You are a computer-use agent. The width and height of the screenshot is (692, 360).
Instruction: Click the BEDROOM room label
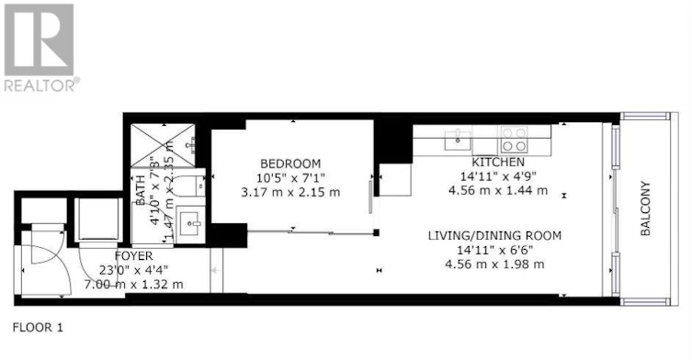pyautogui.click(x=290, y=164)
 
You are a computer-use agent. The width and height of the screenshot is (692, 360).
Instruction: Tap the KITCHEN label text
pyautogui.click(x=498, y=162)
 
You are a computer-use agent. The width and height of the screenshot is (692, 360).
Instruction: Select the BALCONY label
pyautogui.click(x=645, y=208)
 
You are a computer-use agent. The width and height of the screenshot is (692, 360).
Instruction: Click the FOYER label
pyautogui.click(x=134, y=256)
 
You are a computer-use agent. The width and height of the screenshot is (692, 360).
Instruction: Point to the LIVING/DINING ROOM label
pyautogui.click(x=494, y=236)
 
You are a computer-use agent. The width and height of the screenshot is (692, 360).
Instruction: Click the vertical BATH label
pyautogui.click(x=141, y=190)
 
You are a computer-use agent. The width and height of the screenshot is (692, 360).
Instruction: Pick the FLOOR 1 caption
pyautogui.click(x=38, y=328)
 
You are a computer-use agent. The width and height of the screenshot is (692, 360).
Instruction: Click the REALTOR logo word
pyautogui.click(x=42, y=84)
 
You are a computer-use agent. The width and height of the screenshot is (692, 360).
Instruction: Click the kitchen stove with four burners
pyautogui.click(x=513, y=139)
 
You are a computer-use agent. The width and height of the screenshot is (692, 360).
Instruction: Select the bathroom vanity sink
pyautogui.click(x=190, y=224)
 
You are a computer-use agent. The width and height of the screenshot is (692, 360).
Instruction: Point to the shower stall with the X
pyautogui.click(x=163, y=146)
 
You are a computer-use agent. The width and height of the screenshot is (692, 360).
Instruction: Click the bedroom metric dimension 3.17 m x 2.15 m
pyautogui.click(x=290, y=193)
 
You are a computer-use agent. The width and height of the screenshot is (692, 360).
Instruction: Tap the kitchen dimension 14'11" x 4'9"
pyautogui.click(x=498, y=176)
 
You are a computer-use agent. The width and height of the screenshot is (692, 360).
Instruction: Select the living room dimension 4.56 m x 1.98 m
pyautogui.click(x=494, y=264)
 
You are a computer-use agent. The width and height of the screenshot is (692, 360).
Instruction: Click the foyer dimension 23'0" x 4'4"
pyautogui.click(x=134, y=270)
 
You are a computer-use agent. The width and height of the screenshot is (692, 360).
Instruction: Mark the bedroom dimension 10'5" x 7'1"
pyautogui.click(x=290, y=178)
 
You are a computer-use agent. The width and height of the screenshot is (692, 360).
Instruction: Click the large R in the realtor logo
pyautogui.click(x=39, y=39)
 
